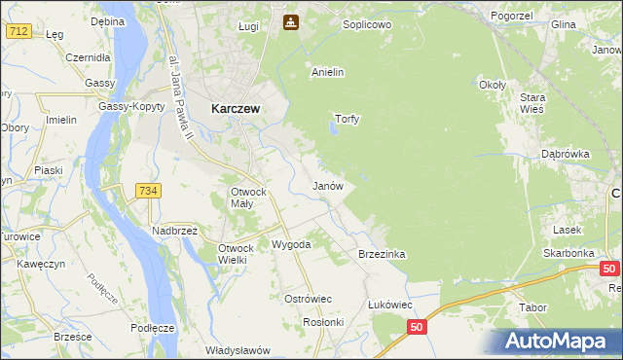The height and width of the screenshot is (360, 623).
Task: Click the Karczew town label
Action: (235, 110)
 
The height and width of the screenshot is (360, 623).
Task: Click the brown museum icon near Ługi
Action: (290, 21)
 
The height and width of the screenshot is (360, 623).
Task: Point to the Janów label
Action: (327, 185)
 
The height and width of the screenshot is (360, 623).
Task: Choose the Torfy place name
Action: (348, 120)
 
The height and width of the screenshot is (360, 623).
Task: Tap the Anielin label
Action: (328, 72)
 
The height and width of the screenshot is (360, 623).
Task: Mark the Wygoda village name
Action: (291, 244)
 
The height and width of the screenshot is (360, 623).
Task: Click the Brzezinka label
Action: (382, 254)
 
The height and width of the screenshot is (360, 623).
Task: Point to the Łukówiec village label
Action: (389, 305)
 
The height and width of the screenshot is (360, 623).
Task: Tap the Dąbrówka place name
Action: (566, 154)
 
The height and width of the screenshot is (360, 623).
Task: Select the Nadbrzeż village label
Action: (174, 231)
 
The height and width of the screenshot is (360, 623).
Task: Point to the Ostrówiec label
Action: (308, 299)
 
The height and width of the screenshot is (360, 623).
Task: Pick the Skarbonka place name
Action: (569, 253)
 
